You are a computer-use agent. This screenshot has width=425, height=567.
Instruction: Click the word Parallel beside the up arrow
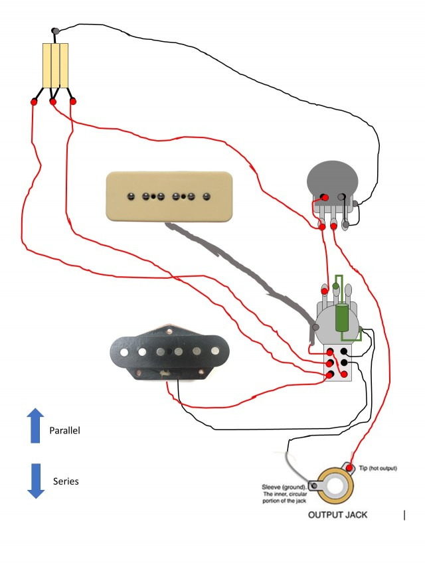pos(64,431)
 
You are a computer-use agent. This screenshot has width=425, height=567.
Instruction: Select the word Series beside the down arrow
pos(66,481)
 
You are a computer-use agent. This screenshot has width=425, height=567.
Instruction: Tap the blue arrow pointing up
pos(35,426)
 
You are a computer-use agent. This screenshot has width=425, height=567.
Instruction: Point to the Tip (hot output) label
pos(378,468)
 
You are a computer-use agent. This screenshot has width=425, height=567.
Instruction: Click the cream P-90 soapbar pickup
pos(169,196)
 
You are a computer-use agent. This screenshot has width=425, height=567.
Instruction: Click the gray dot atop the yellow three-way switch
pos(54,31)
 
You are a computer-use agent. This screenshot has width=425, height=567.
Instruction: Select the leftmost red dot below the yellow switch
pos(34,102)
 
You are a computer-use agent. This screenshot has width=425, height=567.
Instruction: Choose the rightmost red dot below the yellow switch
pos(72,101)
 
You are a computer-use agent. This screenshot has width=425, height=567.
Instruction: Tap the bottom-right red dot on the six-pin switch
pos(345,374)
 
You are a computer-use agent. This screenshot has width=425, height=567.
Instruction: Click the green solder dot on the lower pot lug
pos(336,287)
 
